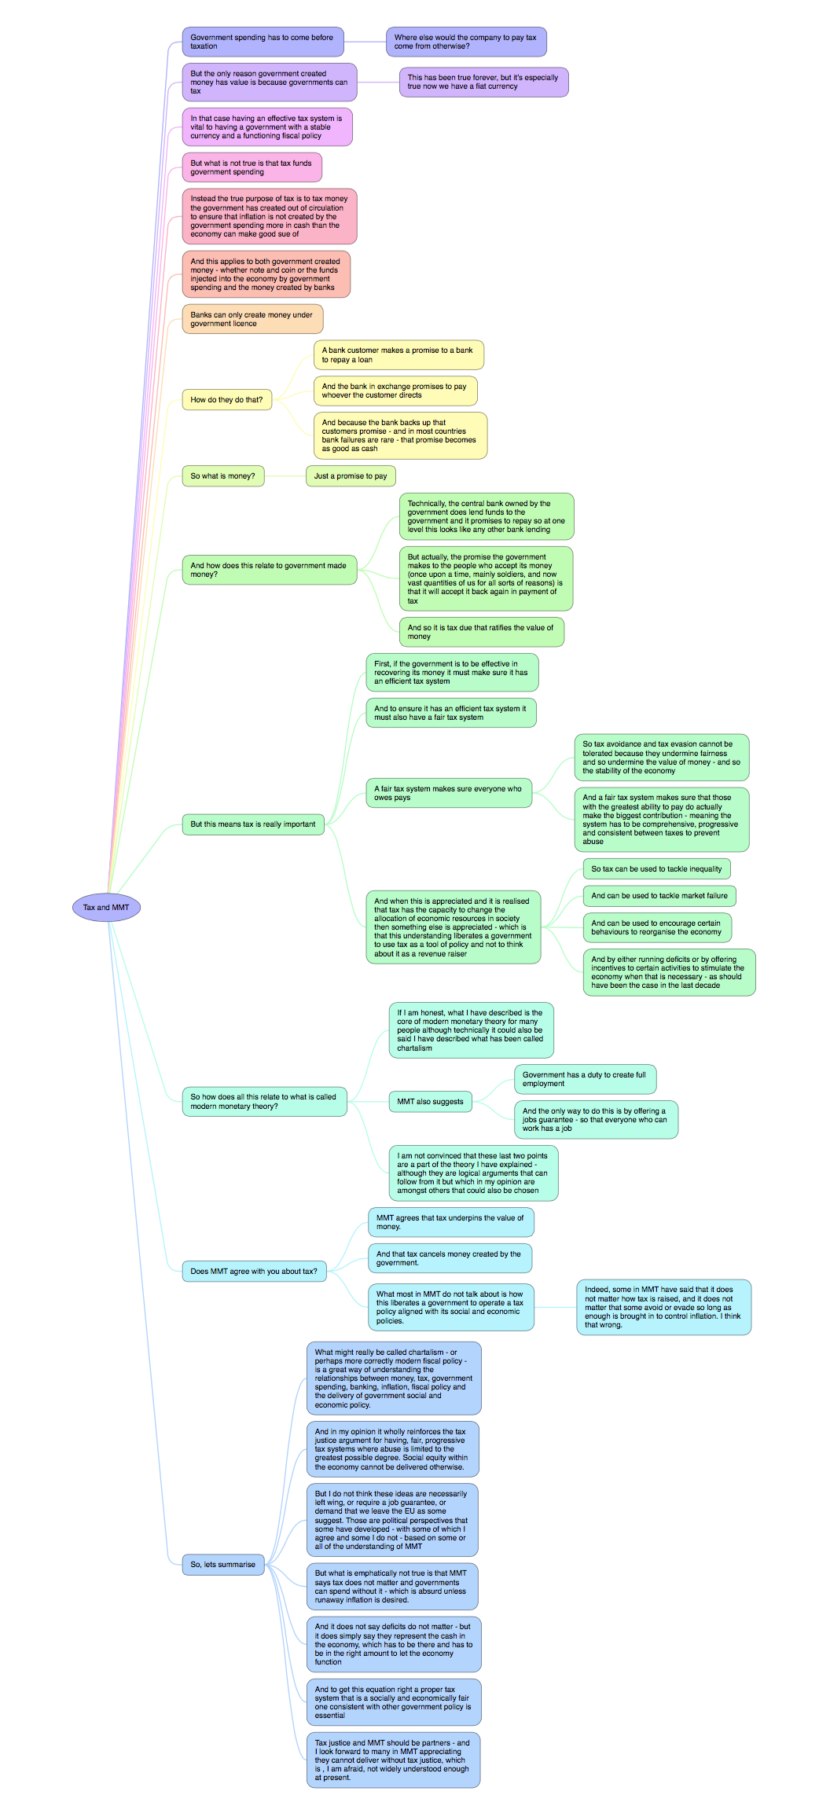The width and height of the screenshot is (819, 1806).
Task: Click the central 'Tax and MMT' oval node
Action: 106,908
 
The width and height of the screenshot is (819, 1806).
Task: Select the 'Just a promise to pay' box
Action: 351,476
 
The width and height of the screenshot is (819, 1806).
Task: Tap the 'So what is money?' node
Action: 223,476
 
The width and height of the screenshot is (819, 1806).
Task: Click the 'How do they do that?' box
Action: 227,400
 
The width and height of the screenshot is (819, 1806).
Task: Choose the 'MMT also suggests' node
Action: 431,1102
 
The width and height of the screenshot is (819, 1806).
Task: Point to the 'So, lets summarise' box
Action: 223,1565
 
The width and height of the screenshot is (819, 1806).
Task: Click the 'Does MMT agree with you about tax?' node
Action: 254,1272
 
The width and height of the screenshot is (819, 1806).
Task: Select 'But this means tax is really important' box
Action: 253,824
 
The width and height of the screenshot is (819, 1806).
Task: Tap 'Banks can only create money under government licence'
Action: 252,319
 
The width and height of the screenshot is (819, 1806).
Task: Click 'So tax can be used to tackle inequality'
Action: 656,869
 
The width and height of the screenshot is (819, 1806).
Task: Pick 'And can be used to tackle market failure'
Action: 659,896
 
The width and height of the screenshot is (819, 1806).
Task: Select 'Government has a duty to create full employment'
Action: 585,1079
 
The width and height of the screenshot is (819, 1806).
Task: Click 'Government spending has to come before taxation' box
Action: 263,42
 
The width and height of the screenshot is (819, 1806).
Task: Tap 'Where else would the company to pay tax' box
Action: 466,42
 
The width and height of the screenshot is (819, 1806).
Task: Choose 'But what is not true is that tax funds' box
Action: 252,167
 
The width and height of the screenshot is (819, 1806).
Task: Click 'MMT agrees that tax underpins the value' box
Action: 450,1222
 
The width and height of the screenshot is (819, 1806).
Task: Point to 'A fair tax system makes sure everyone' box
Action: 448,793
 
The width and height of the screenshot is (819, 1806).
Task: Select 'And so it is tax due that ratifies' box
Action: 481,632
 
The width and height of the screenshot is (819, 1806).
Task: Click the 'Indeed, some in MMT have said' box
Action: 663,1307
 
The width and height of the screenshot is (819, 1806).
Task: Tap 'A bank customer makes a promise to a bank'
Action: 398,355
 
